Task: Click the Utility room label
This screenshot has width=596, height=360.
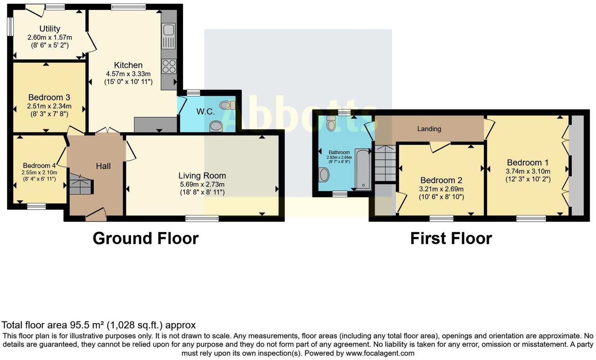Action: pyautogui.click(x=50, y=29)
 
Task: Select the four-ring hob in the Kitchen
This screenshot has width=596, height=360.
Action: pyautogui.click(x=169, y=66)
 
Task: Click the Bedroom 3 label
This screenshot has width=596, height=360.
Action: pyautogui.click(x=49, y=97)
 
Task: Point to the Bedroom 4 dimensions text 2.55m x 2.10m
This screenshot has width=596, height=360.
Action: pyautogui.click(x=39, y=173)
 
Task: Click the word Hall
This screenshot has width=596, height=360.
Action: pyautogui.click(x=103, y=166)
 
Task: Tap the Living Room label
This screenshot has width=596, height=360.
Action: pyautogui.click(x=202, y=176)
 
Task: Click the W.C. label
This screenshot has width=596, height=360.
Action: pyautogui.click(x=205, y=112)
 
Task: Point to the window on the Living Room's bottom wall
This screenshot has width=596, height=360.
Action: pyautogui.click(x=202, y=218)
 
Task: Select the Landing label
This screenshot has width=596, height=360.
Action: pyautogui.click(x=429, y=129)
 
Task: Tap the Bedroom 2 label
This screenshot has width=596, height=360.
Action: pyautogui.click(x=441, y=180)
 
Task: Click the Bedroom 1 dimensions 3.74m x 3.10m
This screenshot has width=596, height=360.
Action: pyautogui.click(x=528, y=171)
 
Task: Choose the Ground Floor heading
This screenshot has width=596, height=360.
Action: pyautogui.click(x=145, y=238)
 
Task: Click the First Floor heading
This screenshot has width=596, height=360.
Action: pyautogui.click(x=451, y=238)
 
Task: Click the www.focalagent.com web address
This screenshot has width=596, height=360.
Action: pyautogui.click(x=380, y=353)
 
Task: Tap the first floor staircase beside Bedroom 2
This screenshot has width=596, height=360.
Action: pyautogui.click(x=385, y=163)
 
